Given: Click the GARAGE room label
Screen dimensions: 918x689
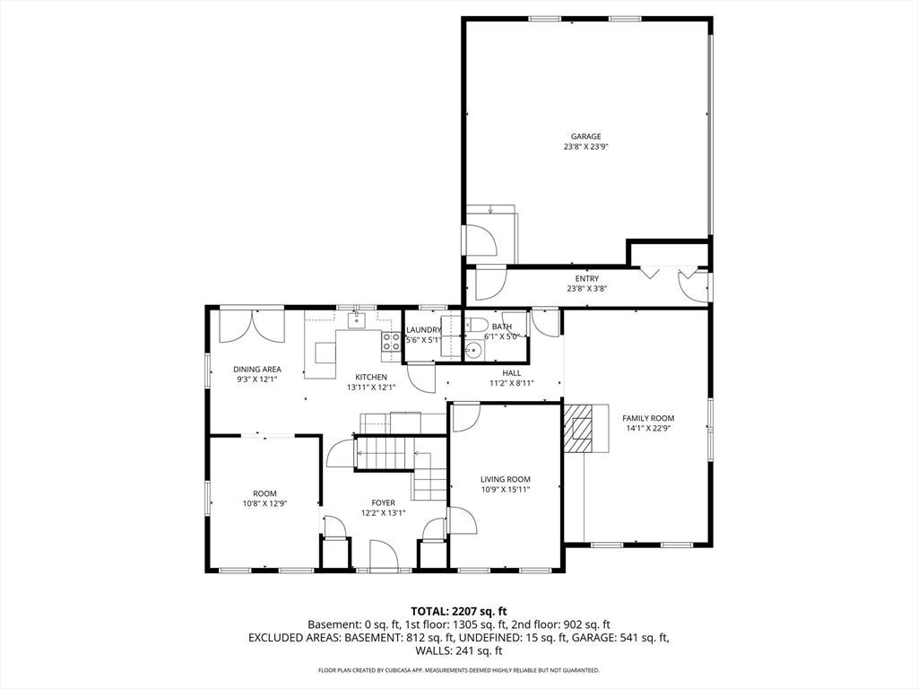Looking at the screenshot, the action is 586,136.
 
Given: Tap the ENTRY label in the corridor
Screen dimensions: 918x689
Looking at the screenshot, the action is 586,279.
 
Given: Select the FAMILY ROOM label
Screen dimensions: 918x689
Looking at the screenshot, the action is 648,418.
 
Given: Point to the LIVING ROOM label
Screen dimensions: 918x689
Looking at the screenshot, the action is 506,479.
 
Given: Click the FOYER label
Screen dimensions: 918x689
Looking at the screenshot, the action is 384,502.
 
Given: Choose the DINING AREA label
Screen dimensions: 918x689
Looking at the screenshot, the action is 257,369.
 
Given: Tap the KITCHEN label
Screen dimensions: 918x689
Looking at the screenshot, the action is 371,378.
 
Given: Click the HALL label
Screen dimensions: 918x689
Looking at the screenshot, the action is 512,372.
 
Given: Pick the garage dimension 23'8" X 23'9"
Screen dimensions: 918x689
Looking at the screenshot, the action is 586,147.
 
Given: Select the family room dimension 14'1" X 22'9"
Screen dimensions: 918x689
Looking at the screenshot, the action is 648,428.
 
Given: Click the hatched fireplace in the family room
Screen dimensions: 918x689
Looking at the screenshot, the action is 578,428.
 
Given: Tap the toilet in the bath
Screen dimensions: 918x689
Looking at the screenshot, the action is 476,324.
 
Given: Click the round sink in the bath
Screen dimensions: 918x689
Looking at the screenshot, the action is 473,351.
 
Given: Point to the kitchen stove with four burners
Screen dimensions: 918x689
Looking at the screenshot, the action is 391,342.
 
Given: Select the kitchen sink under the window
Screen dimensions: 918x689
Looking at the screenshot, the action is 356,320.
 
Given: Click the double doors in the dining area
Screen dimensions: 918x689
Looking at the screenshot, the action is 251,327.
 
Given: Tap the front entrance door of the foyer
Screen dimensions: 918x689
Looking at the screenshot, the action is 384,555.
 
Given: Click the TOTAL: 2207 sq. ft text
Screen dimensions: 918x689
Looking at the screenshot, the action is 458,612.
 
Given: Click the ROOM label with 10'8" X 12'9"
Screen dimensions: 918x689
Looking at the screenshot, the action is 264,493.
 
